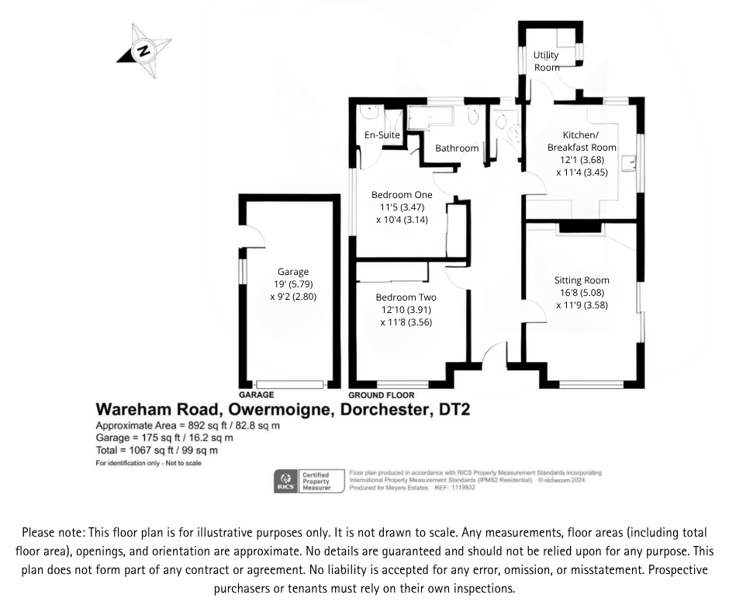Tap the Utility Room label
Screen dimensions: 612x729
546,61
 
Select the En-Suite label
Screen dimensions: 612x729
382,135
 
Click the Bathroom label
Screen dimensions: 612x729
457,148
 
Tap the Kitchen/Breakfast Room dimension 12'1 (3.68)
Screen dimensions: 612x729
581,160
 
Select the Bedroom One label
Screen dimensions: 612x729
402,195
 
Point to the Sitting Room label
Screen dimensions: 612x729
581,280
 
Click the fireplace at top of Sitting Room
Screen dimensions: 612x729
579,227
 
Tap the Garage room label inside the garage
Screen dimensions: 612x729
293,272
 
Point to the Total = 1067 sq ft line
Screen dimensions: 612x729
156,450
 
